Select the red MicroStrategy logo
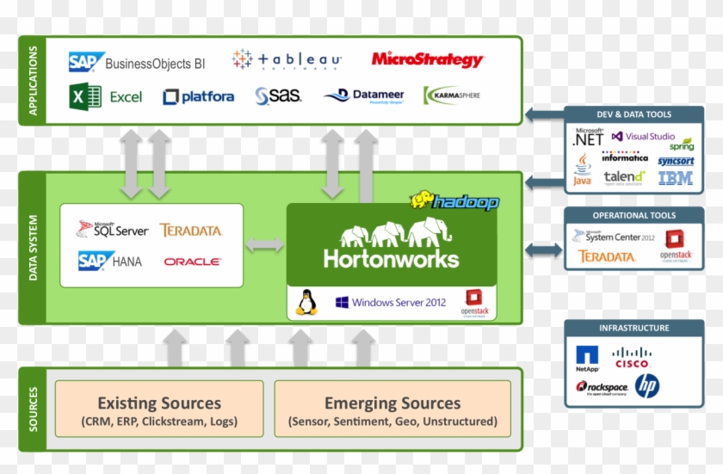click(x=428, y=59)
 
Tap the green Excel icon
click(x=86, y=96)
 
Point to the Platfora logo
click(x=199, y=96)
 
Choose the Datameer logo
click(x=364, y=95)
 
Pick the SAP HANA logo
click(x=109, y=261)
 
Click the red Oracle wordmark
click(x=192, y=261)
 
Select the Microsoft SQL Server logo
click(x=112, y=230)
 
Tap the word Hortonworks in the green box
click(x=391, y=257)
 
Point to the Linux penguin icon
click(x=306, y=302)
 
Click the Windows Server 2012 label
click(x=391, y=303)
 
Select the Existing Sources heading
click(x=159, y=403)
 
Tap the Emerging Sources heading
click(x=392, y=403)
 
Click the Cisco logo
click(x=632, y=357)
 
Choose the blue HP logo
click(x=647, y=386)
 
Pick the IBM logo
click(x=676, y=178)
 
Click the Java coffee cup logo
click(x=583, y=169)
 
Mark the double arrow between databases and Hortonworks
click(x=265, y=245)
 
